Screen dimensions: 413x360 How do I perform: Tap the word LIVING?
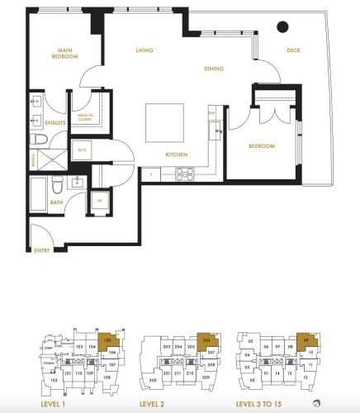146,51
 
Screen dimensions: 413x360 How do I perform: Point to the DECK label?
294,51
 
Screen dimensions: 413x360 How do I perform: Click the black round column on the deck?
282,26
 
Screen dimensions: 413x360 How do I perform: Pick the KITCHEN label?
177,154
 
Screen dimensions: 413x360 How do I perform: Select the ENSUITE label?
56,123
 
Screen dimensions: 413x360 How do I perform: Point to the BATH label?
56,202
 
